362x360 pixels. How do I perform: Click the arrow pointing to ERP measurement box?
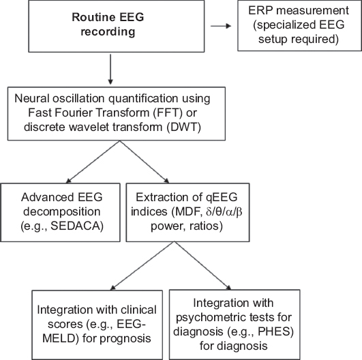point(221,26)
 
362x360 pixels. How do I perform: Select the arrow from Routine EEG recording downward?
point(110,70)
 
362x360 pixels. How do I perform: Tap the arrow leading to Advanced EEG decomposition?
point(93,162)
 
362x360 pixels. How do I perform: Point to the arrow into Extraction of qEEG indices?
point(145,162)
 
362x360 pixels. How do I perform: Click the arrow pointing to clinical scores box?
point(142,266)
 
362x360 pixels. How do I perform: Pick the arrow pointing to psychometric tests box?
point(202,265)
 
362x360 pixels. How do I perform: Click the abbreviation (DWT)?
point(184,127)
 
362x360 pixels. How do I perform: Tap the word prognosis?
point(125,339)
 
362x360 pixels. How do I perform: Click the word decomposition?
point(62,212)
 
